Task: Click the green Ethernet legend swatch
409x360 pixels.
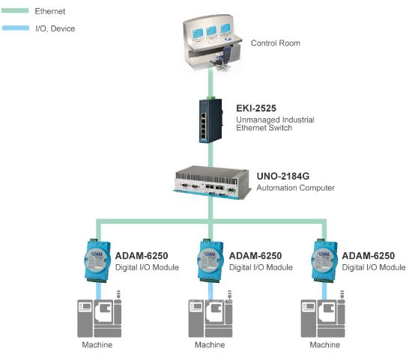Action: click(x=15, y=10)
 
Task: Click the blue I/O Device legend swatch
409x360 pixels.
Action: click(x=16, y=28)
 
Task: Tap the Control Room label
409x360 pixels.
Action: click(x=275, y=43)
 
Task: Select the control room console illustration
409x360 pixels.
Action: click(x=213, y=42)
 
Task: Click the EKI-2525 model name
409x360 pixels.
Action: click(x=256, y=109)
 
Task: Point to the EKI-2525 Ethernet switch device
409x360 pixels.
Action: click(x=210, y=120)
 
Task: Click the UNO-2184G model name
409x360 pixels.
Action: click(x=283, y=176)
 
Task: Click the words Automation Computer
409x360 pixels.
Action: click(x=295, y=188)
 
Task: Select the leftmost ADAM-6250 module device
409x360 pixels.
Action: click(x=97, y=260)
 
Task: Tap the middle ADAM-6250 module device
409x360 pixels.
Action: click(x=210, y=260)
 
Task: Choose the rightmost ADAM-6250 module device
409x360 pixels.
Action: click(x=324, y=260)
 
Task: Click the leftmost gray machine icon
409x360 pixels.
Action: click(x=100, y=314)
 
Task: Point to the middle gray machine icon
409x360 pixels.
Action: click(x=210, y=314)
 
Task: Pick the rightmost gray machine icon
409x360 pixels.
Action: click(x=323, y=314)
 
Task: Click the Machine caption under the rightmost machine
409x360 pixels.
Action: click(x=325, y=345)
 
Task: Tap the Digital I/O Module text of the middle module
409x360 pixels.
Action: click(x=261, y=267)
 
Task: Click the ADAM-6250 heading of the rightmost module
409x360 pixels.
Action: click(x=369, y=256)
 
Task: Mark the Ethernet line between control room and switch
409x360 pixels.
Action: click(x=210, y=83)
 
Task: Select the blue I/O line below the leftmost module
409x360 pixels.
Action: click(x=99, y=291)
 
